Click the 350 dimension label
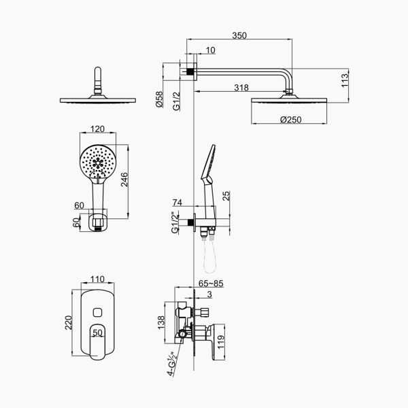pos(239,35)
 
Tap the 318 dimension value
pos(241,88)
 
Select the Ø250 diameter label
pos(291,120)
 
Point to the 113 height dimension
pos(345,80)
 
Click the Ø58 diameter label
pos(159,99)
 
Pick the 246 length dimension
pos(124,180)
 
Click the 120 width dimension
pos(97,129)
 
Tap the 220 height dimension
pos(69,322)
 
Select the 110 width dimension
pos(97,279)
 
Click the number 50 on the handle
pos(97,333)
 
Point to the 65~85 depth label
pos(211,284)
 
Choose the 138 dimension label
pos(161,322)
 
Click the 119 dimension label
pos(220,342)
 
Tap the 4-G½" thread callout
pos(173,364)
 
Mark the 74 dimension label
pos(177,203)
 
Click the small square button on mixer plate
pos(97,312)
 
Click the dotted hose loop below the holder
pos(209,255)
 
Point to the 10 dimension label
pos(211,50)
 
